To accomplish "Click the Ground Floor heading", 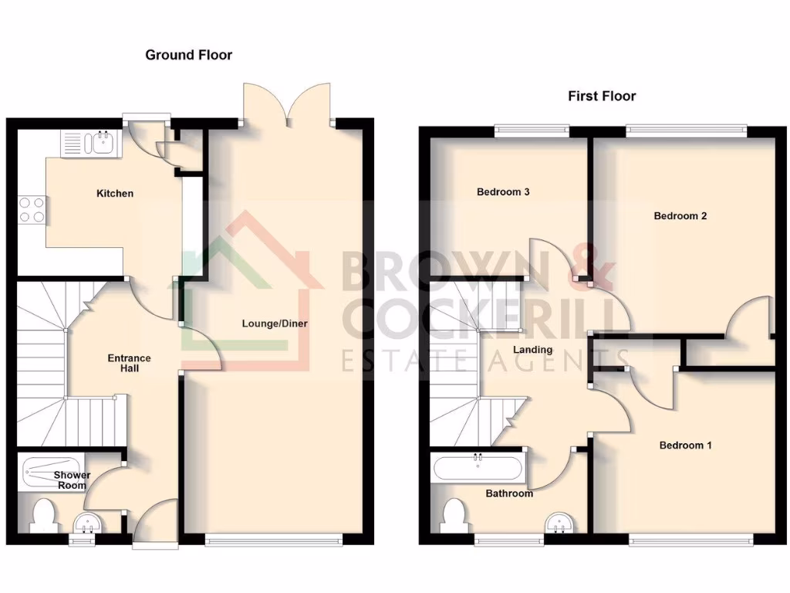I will pyautogui.click(x=189, y=55).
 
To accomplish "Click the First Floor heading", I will pyautogui.click(x=602, y=97).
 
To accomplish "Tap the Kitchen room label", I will pyautogui.click(x=114, y=193).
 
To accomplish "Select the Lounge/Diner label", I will pyautogui.click(x=275, y=324).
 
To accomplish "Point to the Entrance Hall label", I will pyautogui.click(x=129, y=363).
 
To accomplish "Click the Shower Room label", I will pyautogui.click(x=72, y=480).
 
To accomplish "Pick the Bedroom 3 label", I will pyautogui.click(x=502, y=191).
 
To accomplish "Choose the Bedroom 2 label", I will pyautogui.click(x=680, y=216).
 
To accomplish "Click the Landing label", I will pyautogui.click(x=533, y=350).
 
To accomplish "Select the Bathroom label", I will pyautogui.click(x=509, y=493).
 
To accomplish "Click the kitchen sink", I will pyautogui.click(x=91, y=142).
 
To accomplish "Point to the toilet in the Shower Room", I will pyautogui.click(x=44, y=516).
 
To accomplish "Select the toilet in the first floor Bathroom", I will pyautogui.click(x=454, y=516).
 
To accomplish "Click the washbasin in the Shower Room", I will pyautogui.click(x=87, y=524).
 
